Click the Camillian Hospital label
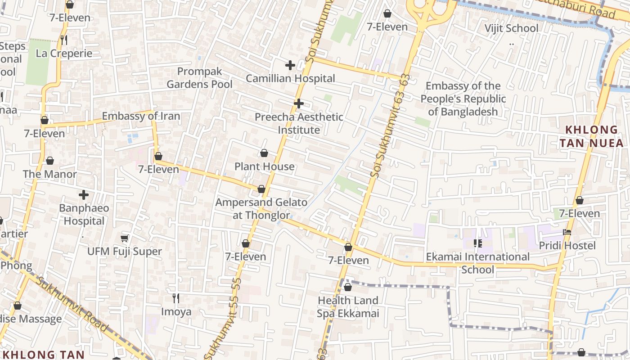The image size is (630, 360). click(290, 78)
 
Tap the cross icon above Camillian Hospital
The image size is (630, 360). click(290, 65)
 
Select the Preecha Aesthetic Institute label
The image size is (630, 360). click(299, 123)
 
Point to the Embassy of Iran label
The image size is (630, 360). click(141, 116)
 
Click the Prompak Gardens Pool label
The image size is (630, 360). click(200, 78)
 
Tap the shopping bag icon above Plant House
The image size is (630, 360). click(264, 153)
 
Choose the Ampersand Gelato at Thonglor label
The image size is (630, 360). click(261, 209)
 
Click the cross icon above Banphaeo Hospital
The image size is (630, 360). click(84, 195)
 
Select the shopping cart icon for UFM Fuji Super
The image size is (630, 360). click(125, 238)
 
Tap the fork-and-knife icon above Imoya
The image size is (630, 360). click(176, 298)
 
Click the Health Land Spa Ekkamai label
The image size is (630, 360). click(348, 307)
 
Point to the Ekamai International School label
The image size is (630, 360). click(478, 263)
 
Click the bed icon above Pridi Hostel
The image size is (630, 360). click(567, 232)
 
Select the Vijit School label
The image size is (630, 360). click(511, 28)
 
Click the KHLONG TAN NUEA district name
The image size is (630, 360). click(592, 136)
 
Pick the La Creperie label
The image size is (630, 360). click(64, 53)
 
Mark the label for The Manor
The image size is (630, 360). click(49, 174)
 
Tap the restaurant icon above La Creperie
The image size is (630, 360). click(64, 40)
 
